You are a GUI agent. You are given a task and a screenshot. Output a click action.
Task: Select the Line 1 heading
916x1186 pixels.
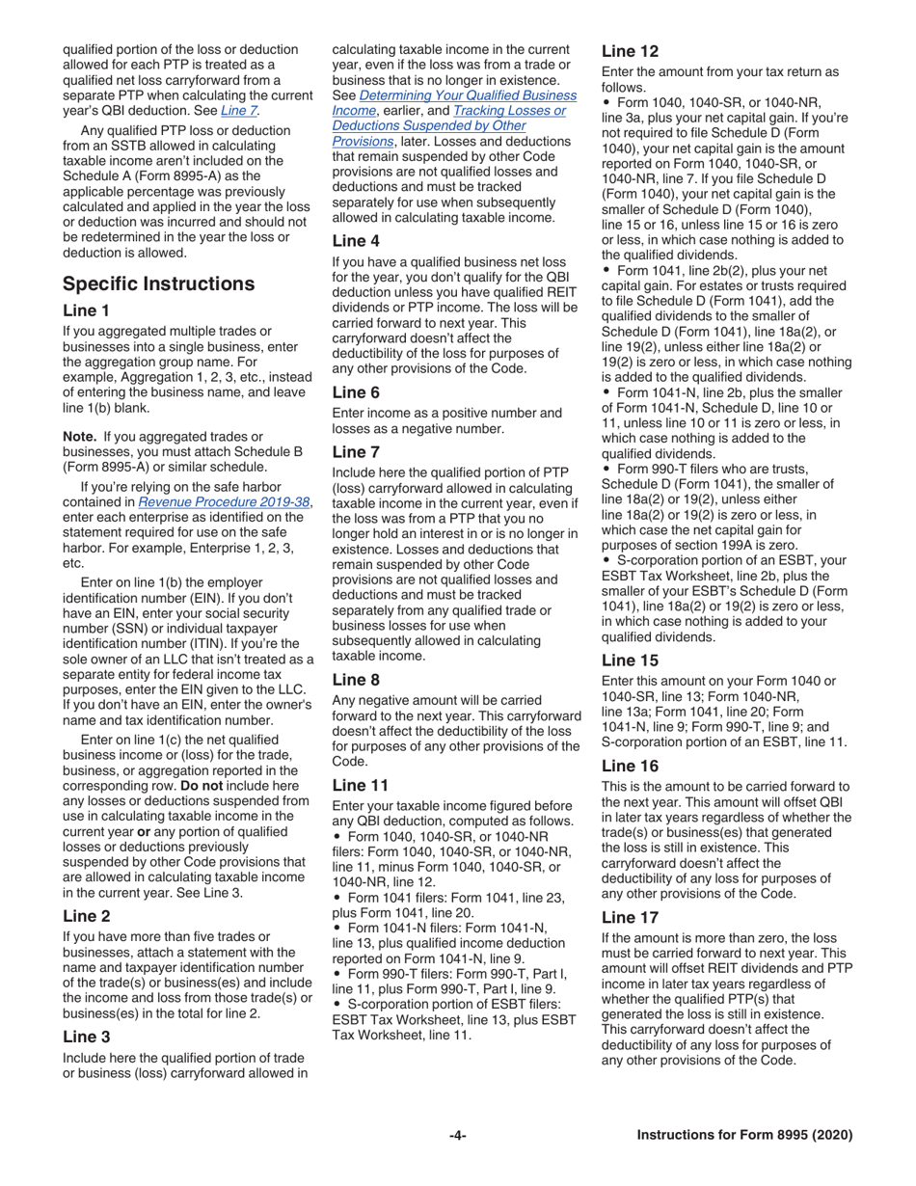(86, 310)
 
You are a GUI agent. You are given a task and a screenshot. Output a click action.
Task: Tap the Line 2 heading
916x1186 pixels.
(86, 916)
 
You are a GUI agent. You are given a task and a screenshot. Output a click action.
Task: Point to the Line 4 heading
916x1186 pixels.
(356, 241)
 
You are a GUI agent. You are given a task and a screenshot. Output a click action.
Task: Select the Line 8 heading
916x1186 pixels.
(356, 678)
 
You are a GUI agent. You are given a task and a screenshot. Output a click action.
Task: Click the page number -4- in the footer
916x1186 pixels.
(457, 1135)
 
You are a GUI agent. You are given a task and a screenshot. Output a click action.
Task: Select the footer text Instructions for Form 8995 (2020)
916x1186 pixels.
(744, 1135)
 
